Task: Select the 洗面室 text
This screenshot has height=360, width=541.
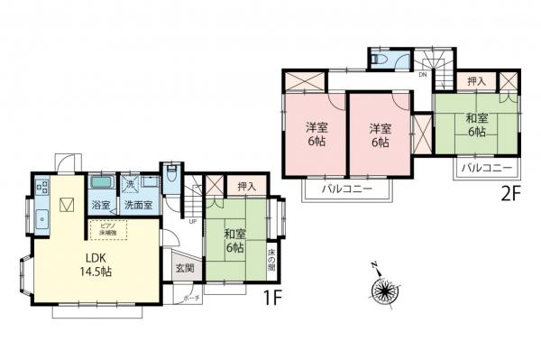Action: (x=138, y=206)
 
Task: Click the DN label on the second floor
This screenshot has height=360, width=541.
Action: (x=422, y=75)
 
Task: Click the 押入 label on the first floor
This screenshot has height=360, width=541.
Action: (x=246, y=187)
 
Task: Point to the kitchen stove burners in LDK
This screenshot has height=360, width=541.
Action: (x=41, y=189)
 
